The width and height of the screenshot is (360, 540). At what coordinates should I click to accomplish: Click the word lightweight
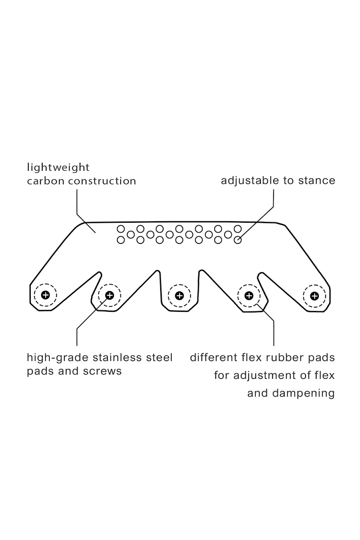pos(58,168)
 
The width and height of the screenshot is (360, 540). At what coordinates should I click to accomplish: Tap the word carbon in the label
pos(46,181)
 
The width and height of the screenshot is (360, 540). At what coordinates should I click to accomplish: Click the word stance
pos(317,180)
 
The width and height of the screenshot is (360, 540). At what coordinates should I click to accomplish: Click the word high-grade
pos(58,358)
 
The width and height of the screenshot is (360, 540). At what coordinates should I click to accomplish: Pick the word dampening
pos(304,393)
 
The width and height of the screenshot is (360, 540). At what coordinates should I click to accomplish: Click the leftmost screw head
pos(45,295)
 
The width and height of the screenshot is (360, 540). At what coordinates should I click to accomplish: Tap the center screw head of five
pos(179,295)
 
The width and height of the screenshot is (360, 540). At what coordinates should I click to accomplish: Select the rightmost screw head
pos(315,296)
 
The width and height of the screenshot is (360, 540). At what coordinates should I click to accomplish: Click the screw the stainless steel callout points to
pos(110,295)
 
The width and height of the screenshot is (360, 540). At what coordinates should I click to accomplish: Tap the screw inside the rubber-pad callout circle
pos(249,295)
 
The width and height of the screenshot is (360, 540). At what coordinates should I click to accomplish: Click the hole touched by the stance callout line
pos(238,240)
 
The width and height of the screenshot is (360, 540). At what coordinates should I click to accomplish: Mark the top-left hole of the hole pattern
pos(121,229)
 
